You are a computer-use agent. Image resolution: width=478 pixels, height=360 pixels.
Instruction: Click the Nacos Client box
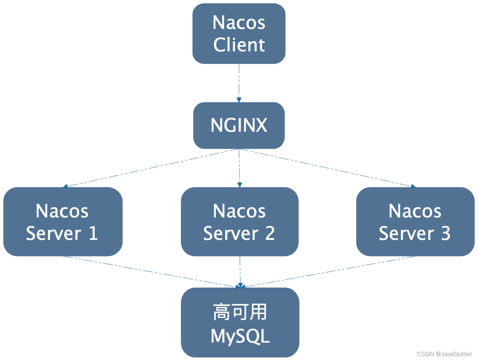[x=239, y=34]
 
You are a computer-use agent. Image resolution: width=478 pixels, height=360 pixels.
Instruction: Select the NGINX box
[x=239, y=125]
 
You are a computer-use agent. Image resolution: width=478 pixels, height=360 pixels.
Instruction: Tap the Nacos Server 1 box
[x=63, y=221]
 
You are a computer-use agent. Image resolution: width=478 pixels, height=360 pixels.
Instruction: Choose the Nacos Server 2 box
[x=239, y=221]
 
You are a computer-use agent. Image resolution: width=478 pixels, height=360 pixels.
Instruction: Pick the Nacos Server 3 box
[x=415, y=221]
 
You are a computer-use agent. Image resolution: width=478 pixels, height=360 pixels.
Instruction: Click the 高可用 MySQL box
[x=240, y=323]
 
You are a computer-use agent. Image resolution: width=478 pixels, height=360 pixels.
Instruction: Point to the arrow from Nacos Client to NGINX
[x=239, y=83]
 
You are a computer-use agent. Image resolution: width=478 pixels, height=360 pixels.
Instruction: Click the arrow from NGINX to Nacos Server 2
[x=239, y=168]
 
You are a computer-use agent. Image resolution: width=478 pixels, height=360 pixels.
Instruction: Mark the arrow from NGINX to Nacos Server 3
[x=326, y=167]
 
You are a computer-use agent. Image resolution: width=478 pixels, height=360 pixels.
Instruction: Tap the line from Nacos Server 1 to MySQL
[x=151, y=272]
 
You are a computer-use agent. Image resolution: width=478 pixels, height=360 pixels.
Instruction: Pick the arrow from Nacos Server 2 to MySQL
[x=240, y=272]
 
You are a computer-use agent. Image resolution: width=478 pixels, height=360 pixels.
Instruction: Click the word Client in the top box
[x=239, y=45]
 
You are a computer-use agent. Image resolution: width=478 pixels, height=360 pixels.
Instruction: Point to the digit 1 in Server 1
[x=93, y=233]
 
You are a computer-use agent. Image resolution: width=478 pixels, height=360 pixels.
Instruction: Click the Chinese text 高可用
[x=240, y=312]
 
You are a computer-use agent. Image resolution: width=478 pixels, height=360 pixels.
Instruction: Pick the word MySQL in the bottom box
[x=240, y=336]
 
